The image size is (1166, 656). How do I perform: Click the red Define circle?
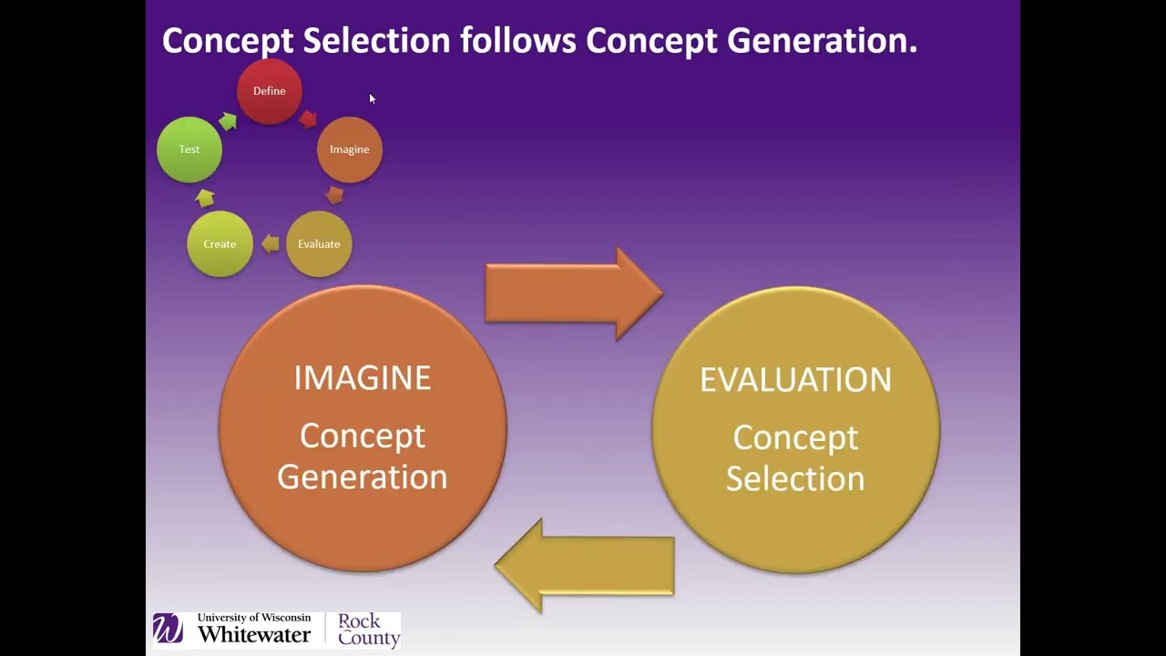pyautogui.click(x=269, y=91)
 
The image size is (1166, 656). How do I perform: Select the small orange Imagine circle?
pyautogui.click(x=349, y=149)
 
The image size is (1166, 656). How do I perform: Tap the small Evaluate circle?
pyautogui.click(x=319, y=244)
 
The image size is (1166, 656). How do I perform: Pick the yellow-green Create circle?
pyautogui.click(x=220, y=244)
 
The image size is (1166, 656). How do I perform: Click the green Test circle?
pyautogui.click(x=189, y=149)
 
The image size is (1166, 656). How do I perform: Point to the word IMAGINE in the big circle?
pyautogui.click(x=362, y=378)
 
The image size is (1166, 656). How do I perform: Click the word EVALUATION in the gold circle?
pyautogui.click(x=795, y=380)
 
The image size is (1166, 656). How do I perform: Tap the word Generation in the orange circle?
pyautogui.click(x=362, y=477)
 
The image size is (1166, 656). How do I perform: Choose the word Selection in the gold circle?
pyautogui.click(x=795, y=479)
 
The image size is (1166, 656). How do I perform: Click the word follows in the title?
pyautogui.click(x=517, y=40)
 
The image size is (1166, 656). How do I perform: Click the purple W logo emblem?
pyautogui.click(x=168, y=629)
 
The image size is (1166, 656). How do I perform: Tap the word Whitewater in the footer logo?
pyautogui.click(x=254, y=634)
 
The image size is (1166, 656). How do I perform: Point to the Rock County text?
pyautogui.click(x=368, y=630)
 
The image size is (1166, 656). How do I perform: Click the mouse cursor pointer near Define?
pyautogui.click(x=372, y=98)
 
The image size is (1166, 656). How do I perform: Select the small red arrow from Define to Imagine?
pyautogui.click(x=308, y=118)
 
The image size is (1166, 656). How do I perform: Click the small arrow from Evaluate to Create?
pyautogui.click(x=271, y=243)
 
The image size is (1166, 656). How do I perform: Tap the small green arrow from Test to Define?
pyautogui.click(x=228, y=121)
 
